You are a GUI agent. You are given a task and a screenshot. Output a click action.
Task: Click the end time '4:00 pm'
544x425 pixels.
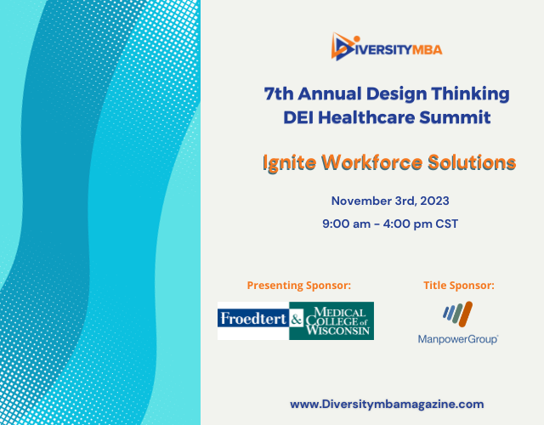point(414,225)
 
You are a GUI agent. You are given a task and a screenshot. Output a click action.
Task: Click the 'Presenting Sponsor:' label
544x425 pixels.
point(298,285)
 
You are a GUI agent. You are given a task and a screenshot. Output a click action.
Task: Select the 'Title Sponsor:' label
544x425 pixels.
point(458,285)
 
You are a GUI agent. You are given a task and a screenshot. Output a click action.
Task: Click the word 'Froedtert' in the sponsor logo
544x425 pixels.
point(252,320)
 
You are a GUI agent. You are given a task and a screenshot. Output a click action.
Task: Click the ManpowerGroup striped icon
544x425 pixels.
point(457,314)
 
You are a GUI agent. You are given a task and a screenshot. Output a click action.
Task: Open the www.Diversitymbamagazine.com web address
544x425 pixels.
point(387,404)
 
